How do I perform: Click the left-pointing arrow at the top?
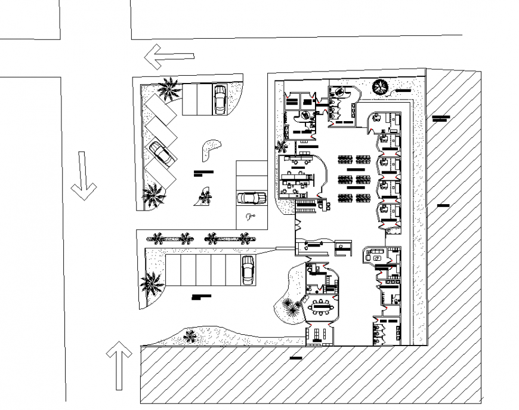point(169,57)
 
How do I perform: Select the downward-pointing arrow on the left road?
point(83,175)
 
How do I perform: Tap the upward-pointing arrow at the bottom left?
point(119,365)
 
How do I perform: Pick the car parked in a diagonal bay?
point(162,153)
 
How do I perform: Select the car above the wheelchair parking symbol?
point(251,198)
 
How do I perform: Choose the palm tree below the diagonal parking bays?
point(154,195)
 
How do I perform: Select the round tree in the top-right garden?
point(380,87)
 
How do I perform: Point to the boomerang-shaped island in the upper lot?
point(210,149)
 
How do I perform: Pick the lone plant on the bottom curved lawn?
point(190,337)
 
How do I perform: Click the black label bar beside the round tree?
point(403,90)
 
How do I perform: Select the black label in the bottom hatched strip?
point(295,358)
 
